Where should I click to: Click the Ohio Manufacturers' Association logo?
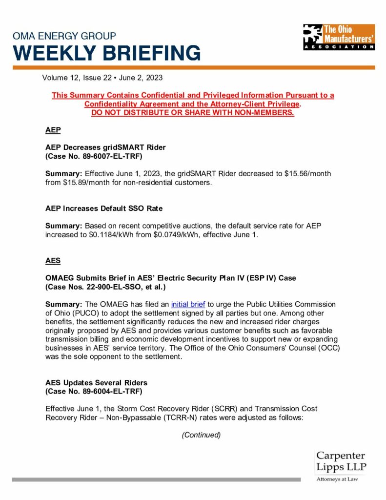339,37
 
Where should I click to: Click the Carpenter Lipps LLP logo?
341,466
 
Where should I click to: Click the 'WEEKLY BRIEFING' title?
106,53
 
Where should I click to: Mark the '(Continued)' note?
201,435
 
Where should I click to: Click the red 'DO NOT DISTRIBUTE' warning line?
193,113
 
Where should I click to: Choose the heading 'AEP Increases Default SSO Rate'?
104,208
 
